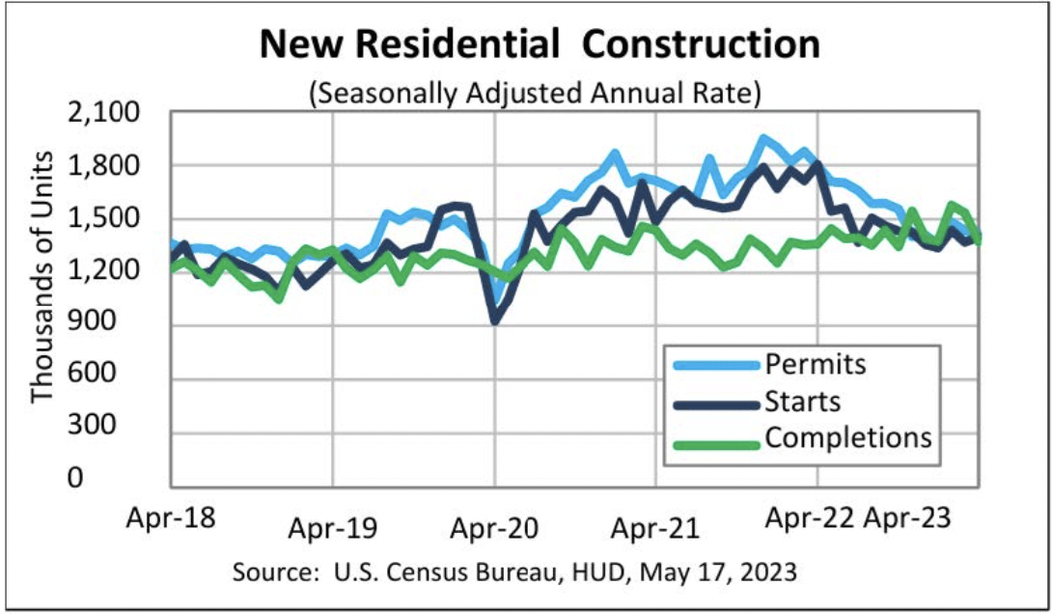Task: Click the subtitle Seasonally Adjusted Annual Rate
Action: coord(535,94)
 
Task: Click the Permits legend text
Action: coord(816,364)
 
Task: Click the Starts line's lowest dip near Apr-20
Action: coord(495,321)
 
